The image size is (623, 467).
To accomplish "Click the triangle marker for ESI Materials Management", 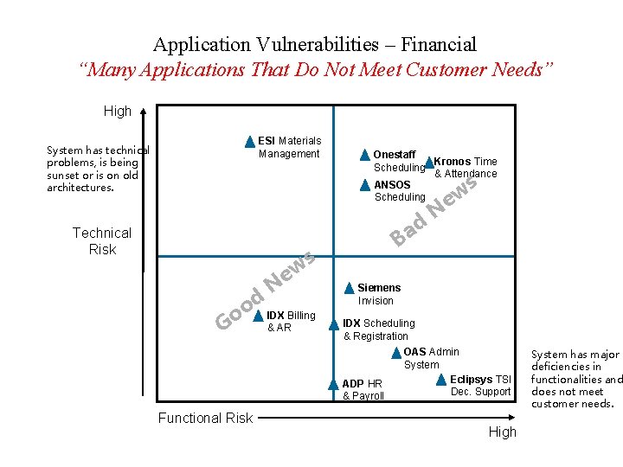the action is (x=249, y=142).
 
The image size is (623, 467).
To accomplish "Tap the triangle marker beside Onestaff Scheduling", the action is (x=364, y=156).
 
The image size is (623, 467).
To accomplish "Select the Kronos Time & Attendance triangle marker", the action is (x=428, y=162).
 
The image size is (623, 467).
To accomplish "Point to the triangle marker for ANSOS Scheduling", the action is (x=365, y=185).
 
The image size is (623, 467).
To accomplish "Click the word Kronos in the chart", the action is (x=453, y=162).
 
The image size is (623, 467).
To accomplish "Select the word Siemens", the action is (x=379, y=288).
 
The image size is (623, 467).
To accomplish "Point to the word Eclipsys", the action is (x=471, y=380).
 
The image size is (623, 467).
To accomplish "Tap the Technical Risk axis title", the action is (x=102, y=240).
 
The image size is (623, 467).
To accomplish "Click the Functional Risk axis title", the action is (x=205, y=418).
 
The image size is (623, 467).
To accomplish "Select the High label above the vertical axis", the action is (x=118, y=111).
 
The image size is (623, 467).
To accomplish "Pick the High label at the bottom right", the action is (x=502, y=432).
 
